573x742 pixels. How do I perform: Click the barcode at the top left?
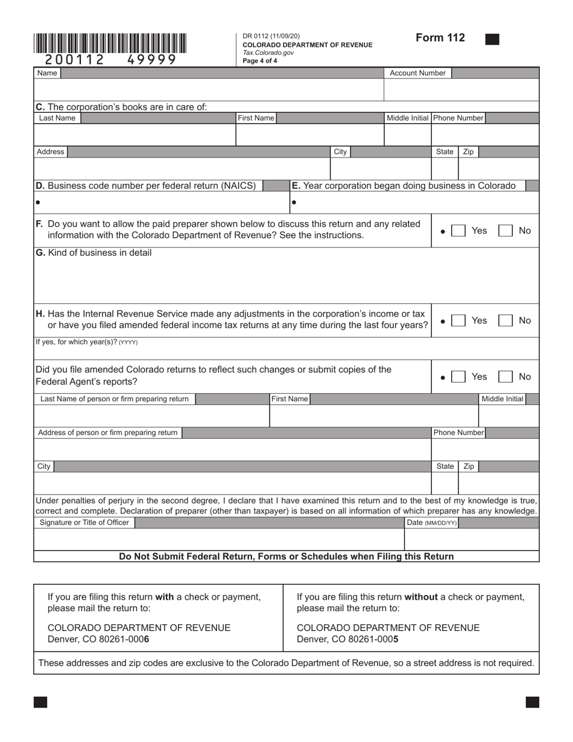tap(110, 43)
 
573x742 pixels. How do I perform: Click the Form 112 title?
tap(440, 38)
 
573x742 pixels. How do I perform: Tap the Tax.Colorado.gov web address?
tap(268, 53)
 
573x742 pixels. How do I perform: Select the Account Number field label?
tap(417, 73)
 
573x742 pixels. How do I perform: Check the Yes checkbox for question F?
tap(459, 230)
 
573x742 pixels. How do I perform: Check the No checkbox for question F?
tap(505, 230)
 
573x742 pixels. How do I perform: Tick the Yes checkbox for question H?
tap(459, 320)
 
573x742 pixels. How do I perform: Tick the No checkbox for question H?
tap(505, 320)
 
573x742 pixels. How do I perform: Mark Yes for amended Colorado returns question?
tap(459, 377)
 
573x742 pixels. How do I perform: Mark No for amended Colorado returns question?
tap(505, 377)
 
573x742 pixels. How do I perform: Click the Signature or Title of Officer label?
tap(84, 522)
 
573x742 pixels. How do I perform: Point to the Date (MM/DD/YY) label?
tap(431, 522)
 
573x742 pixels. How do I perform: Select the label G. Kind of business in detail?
tap(93, 253)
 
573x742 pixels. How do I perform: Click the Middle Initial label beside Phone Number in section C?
tap(408, 118)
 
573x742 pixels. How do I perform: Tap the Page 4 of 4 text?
tap(260, 61)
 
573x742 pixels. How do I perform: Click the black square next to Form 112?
tap(492, 39)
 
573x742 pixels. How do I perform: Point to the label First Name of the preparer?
tap(290, 399)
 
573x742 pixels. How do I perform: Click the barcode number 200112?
tap(74, 60)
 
